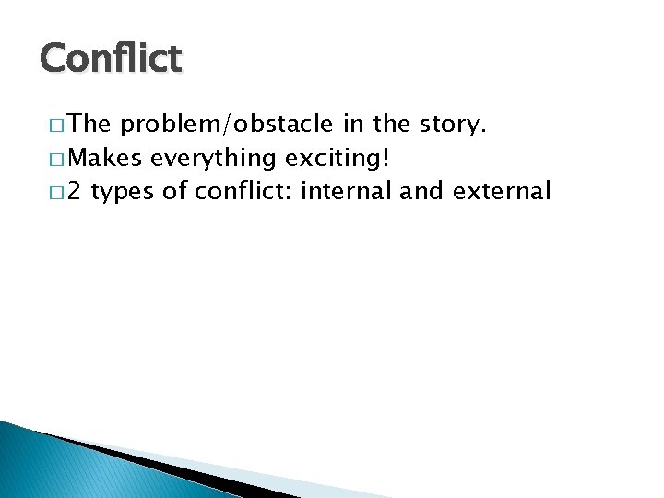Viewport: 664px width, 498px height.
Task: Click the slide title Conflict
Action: point(111,59)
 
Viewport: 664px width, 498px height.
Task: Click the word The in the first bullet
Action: point(89,125)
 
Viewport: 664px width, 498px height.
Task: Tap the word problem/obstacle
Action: point(226,125)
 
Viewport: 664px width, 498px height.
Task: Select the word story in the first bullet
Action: point(452,125)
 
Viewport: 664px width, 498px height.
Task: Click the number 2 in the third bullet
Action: point(76,191)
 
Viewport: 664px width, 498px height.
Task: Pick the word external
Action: point(503,191)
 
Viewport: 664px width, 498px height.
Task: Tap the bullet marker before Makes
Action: point(47,159)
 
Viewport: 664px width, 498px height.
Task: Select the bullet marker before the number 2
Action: point(47,192)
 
